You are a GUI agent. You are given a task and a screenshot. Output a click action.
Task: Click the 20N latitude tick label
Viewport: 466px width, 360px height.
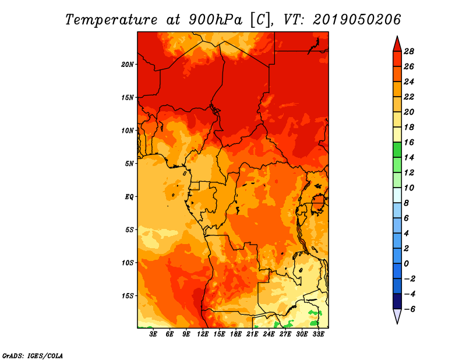(x=128, y=64)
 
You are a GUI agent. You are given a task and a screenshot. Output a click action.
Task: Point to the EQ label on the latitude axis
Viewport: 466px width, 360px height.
(x=130, y=196)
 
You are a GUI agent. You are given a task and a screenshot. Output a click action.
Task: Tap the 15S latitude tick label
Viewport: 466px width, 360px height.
(x=128, y=295)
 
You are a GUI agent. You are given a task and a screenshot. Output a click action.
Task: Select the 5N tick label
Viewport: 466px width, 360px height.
(x=130, y=163)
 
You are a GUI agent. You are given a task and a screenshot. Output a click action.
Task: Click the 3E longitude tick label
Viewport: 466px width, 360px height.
(x=154, y=334)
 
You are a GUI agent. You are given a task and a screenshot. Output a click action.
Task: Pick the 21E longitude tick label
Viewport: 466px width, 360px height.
(x=252, y=334)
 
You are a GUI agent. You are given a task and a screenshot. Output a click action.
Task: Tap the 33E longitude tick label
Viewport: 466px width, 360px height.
(x=318, y=334)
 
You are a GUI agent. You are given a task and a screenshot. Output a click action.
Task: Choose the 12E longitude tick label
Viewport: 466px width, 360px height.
(x=203, y=334)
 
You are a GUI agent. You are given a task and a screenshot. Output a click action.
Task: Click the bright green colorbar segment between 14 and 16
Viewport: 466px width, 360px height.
(x=397, y=149)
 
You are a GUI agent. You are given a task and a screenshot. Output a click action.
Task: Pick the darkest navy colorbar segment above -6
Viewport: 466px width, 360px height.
(x=397, y=301)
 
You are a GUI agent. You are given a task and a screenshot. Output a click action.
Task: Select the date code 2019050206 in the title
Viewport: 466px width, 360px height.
(x=356, y=19)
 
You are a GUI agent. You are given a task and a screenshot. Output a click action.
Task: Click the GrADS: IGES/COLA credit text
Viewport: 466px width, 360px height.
(x=32, y=355)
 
